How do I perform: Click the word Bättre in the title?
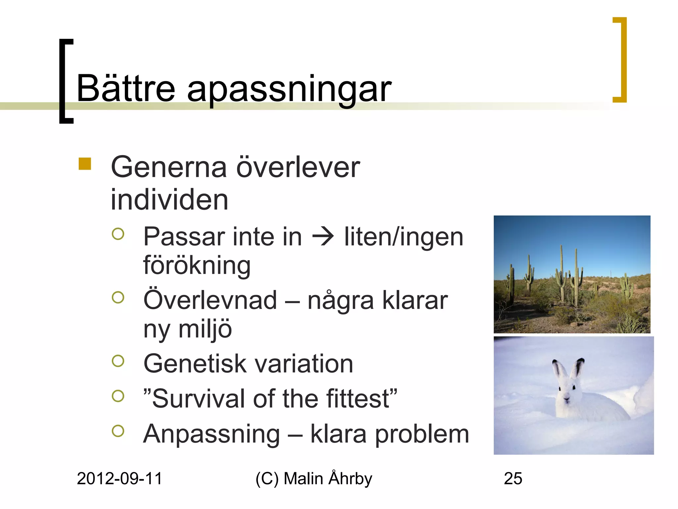(125, 88)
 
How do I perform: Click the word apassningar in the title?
(289, 90)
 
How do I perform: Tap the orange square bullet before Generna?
(85, 164)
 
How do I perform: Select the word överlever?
(298, 167)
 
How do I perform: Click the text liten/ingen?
(404, 237)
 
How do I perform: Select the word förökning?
(197, 266)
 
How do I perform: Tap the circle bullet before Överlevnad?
(118, 297)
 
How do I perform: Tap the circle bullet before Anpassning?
(118, 430)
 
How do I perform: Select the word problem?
(422, 434)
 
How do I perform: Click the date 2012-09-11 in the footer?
(120, 479)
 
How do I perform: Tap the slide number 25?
(513, 479)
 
